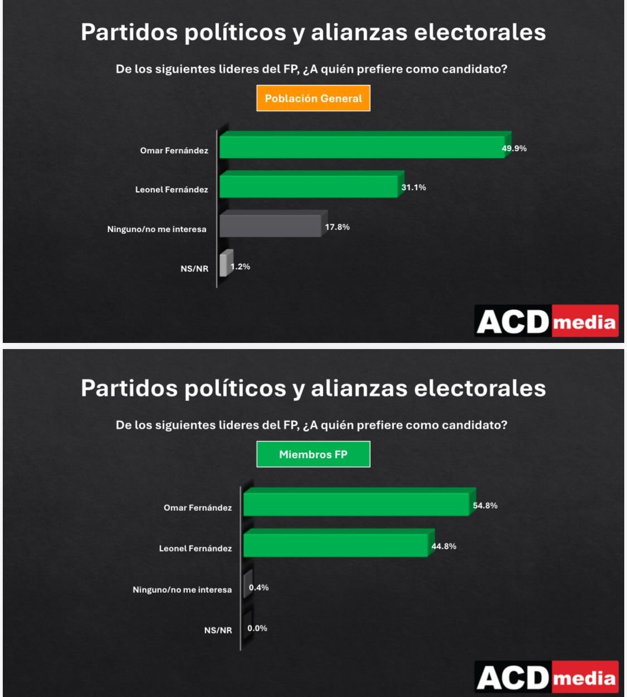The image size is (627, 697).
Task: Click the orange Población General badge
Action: point(313,98)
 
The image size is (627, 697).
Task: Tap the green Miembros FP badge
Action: point(313,454)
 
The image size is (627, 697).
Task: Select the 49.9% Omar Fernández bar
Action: point(362,146)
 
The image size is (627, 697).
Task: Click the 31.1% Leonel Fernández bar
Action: point(309,186)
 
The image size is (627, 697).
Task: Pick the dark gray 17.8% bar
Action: point(270,225)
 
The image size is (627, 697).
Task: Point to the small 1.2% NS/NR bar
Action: point(223,264)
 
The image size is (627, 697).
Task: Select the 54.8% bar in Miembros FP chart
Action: point(357,503)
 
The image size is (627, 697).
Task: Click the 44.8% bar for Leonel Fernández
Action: point(336,544)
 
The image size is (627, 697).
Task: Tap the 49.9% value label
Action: point(514,148)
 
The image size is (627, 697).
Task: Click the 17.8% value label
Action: point(337,227)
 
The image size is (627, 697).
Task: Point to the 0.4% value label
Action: point(259,588)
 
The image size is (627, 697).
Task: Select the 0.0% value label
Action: point(257,628)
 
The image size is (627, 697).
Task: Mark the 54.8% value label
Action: point(485,506)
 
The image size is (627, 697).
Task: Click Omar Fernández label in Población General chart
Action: point(174,151)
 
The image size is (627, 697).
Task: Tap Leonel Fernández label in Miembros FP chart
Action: point(195,549)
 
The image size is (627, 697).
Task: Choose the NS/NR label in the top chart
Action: point(194,269)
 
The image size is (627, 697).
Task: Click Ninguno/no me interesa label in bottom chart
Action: point(182,590)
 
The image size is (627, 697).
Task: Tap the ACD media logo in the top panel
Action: point(546,321)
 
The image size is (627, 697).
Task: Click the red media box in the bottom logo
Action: point(585,678)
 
